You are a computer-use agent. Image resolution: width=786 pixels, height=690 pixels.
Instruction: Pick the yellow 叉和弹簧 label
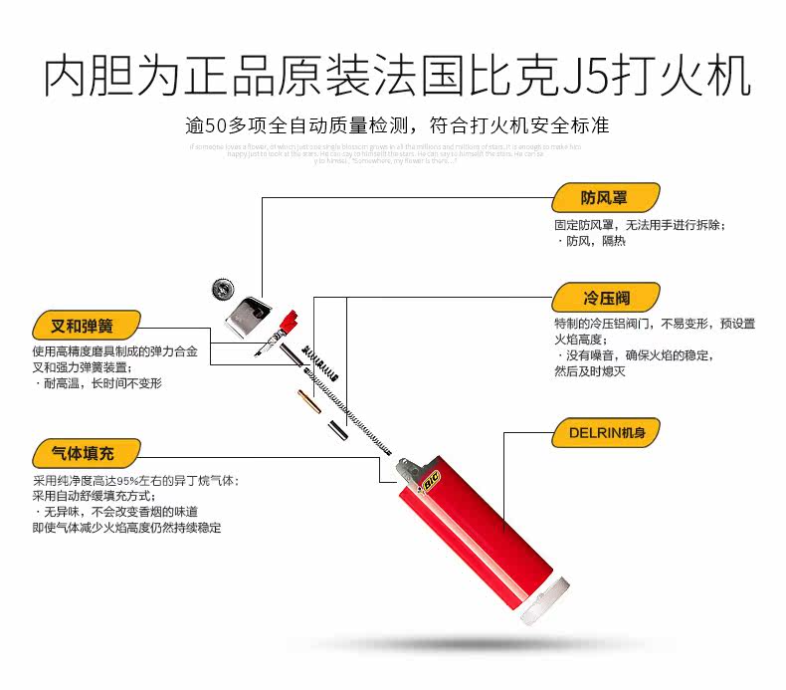point(84,326)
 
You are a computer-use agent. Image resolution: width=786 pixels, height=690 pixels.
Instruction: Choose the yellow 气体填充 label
point(84,454)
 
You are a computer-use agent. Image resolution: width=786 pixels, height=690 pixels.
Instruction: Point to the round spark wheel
point(223,290)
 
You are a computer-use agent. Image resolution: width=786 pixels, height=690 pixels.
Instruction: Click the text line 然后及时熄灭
point(590,371)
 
